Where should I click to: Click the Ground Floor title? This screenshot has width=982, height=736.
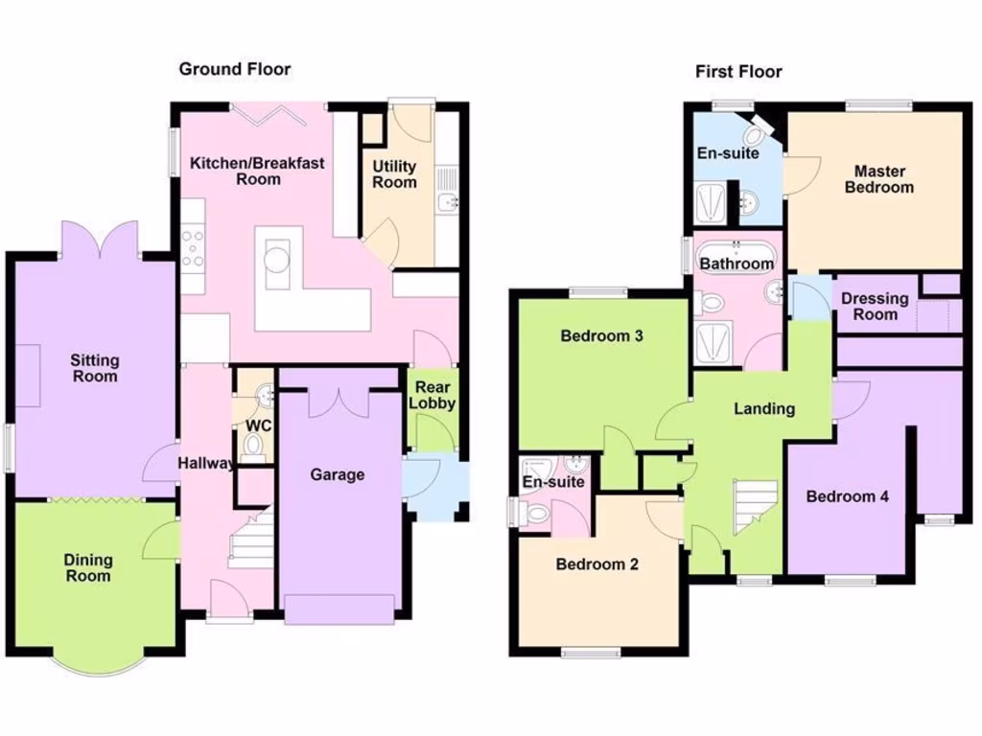coord(235,69)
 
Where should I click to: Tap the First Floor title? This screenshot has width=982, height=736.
coord(738,72)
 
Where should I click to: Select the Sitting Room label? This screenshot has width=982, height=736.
coord(95,368)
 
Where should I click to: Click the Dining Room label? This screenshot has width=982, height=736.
coord(88,567)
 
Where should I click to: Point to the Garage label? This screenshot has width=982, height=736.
coord(338,474)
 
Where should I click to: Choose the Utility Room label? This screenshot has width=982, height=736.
coord(395,174)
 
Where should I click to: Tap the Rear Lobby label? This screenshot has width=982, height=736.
coord(433,396)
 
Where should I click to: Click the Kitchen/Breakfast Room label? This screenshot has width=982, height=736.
coord(257,171)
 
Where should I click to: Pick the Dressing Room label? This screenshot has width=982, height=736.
coord(875,307)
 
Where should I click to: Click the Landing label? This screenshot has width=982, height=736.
coord(764,409)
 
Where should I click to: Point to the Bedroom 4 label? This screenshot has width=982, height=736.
coord(847,496)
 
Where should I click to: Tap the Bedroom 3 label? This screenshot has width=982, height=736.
coord(601,336)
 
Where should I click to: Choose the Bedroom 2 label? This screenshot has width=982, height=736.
coord(597,564)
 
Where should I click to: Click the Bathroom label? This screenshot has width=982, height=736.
coord(736,264)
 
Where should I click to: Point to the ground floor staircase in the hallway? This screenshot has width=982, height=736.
coord(251,542)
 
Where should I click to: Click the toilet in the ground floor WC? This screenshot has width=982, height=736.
coord(254,445)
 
